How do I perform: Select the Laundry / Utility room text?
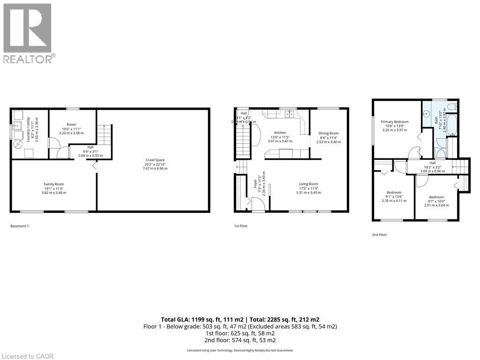pos(29,129)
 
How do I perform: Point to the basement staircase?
pos(105,136)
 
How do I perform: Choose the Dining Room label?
pos(328,133)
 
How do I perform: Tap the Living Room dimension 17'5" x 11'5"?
pos(307,188)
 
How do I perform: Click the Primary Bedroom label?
pos(394,122)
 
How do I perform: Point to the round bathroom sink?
pos(427,114)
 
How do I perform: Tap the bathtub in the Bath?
pos(453,126)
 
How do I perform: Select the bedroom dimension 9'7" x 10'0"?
pos(433,201)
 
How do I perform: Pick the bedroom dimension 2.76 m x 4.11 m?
pos(394,201)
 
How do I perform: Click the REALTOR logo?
pos(28,33)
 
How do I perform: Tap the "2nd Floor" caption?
pos(380,234)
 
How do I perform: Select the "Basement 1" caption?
pos(20,226)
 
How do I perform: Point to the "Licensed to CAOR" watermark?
pos(27,356)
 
